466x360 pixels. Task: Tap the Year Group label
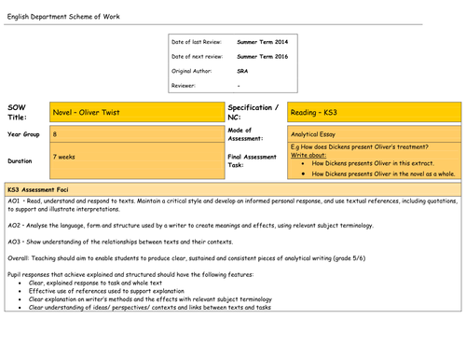pos(23,134)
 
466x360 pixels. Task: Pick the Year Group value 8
pos(55,134)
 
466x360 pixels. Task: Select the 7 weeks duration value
pos(65,157)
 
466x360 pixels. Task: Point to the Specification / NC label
pos(254,112)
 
